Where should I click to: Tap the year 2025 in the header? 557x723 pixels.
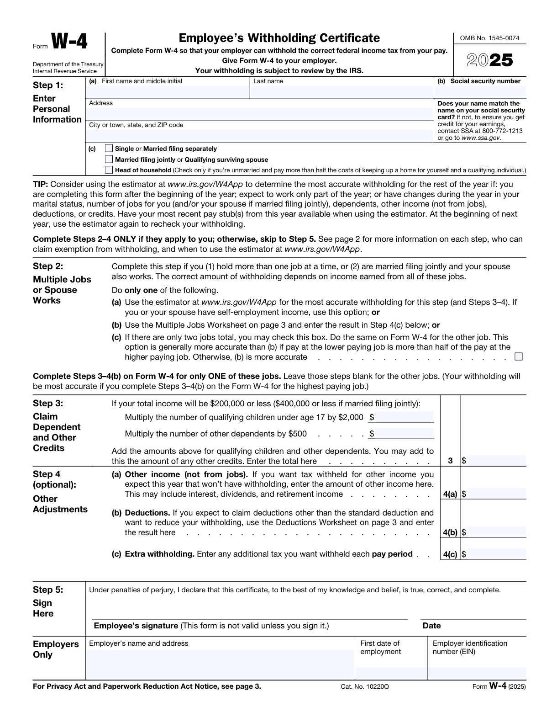(x=490, y=61)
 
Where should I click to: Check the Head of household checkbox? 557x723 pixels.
(x=109, y=170)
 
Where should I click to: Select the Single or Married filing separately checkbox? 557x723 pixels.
(x=109, y=148)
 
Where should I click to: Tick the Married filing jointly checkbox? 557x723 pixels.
(x=109, y=159)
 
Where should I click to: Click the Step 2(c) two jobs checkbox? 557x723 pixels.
(x=518, y=356)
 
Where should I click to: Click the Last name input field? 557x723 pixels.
(x=341, y=92)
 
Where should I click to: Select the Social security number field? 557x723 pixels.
(x=480, y=92)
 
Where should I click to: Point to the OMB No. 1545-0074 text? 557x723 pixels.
(x=489, y=38)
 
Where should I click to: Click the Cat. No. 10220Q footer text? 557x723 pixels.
(x=364, y=686)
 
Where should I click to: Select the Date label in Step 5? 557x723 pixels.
(x=431, y=626)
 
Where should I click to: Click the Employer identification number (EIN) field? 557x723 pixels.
(x=477, y=673)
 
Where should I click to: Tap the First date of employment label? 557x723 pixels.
(x=380, y=647)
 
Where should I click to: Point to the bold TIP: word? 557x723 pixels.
(x=40, y=184)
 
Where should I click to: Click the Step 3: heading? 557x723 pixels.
(x=48, y=403)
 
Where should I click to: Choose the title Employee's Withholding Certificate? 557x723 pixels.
(x=279, y=38)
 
